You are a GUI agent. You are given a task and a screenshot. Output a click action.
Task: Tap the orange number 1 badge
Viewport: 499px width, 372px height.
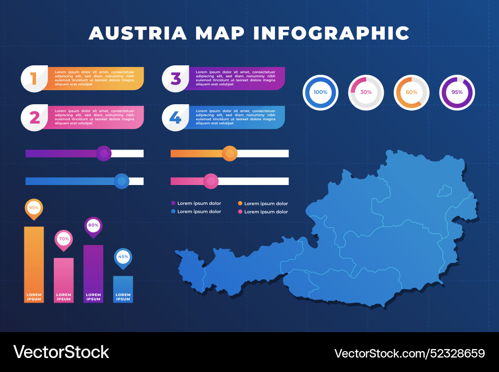pos(34,79)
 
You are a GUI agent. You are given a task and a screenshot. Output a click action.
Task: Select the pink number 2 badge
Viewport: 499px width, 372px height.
pos(34,118)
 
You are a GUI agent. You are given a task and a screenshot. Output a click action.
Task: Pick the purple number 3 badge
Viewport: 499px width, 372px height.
pos(176,79)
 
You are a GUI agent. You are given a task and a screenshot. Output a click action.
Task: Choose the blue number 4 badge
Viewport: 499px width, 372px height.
pos(175,118)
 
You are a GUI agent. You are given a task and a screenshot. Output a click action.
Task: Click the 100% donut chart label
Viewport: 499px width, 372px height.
pos(320,92)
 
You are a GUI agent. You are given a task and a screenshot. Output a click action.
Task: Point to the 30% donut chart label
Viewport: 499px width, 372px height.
pos(366,92)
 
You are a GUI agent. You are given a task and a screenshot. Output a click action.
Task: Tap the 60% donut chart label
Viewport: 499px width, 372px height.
pos(412,92)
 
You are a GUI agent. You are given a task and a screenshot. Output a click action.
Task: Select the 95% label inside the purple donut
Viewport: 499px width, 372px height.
pos(457,92)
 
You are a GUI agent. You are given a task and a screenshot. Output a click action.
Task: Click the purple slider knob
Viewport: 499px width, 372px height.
pos(103,154)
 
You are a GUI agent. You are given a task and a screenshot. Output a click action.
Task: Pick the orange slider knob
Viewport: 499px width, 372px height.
pos(230,154)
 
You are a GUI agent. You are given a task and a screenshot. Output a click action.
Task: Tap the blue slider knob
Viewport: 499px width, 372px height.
pos(121,182)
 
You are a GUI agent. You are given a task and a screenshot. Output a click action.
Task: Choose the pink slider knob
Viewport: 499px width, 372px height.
pos(211,182)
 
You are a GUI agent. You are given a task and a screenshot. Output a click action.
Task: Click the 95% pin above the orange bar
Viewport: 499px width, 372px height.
pos(34,208)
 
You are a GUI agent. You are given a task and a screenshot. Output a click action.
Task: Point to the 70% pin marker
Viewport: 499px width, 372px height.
pos(64,239)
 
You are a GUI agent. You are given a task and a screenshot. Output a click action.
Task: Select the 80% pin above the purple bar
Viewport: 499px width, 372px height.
pos(93,226)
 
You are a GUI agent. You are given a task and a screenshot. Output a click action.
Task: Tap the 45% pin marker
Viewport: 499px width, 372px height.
pos(123,257)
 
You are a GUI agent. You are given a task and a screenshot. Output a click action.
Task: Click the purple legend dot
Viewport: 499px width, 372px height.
pos(173,203)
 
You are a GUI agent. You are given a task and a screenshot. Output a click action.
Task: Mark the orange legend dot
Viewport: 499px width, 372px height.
pos(240,203)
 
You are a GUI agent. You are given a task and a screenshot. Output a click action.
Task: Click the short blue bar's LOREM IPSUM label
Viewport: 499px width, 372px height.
pos(123,297)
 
